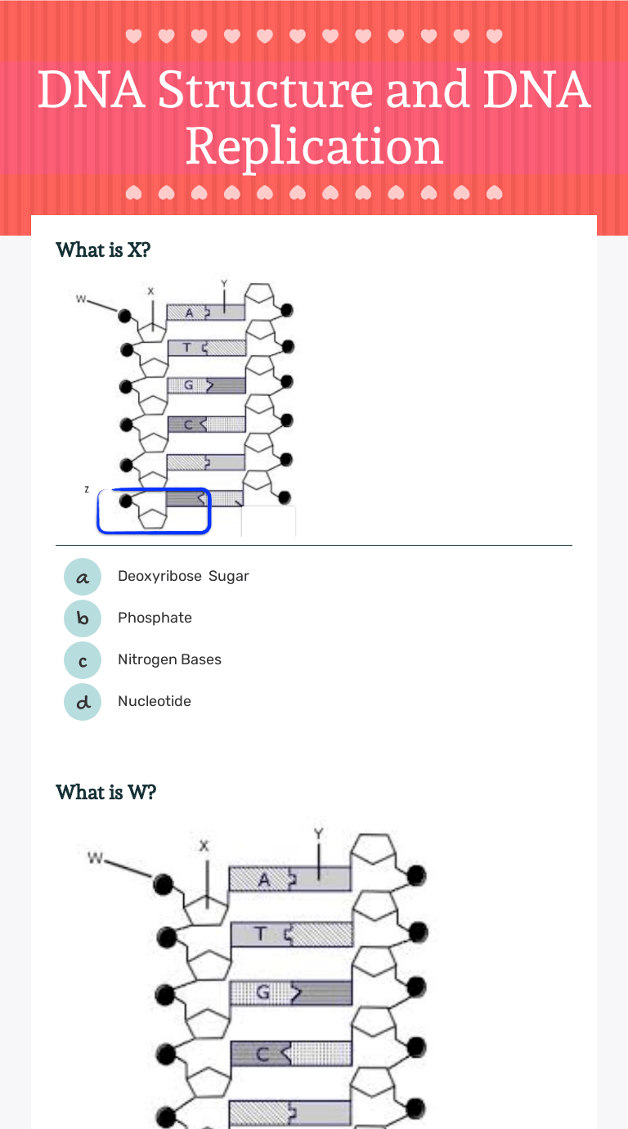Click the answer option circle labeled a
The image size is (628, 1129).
(83, 577)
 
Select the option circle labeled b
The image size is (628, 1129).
(83, 618)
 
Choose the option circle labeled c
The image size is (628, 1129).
(83, 660)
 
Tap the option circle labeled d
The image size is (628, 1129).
(83, 702)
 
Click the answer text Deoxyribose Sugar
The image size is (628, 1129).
(183, 577)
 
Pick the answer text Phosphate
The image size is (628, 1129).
(155, 618)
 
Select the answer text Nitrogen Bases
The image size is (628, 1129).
(169, 660)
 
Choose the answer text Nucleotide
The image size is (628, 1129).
(155, 702)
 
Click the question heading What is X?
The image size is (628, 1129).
(103, 250)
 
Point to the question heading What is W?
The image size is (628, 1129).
(105, 793)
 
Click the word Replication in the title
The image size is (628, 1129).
(314, 147)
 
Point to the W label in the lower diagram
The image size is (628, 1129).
(96, 858)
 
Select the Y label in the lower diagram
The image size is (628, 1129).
(319, 834)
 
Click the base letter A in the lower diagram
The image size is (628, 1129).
(263, 880)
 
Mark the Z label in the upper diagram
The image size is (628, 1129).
(87, 489)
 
